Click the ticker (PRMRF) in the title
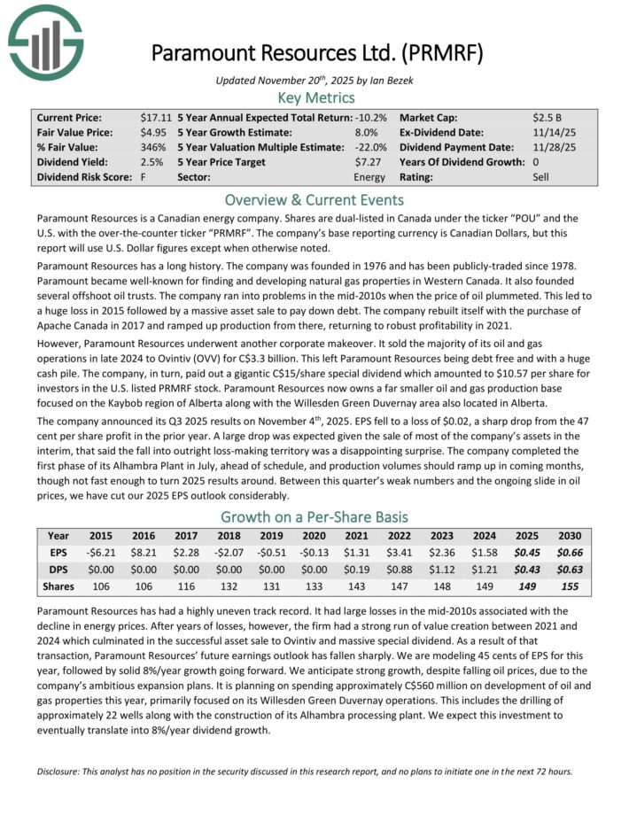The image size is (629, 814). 442,52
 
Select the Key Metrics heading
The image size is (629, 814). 315,97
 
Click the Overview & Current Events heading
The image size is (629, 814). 315,199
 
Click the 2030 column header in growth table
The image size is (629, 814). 570,536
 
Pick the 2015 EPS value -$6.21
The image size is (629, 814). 100,553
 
